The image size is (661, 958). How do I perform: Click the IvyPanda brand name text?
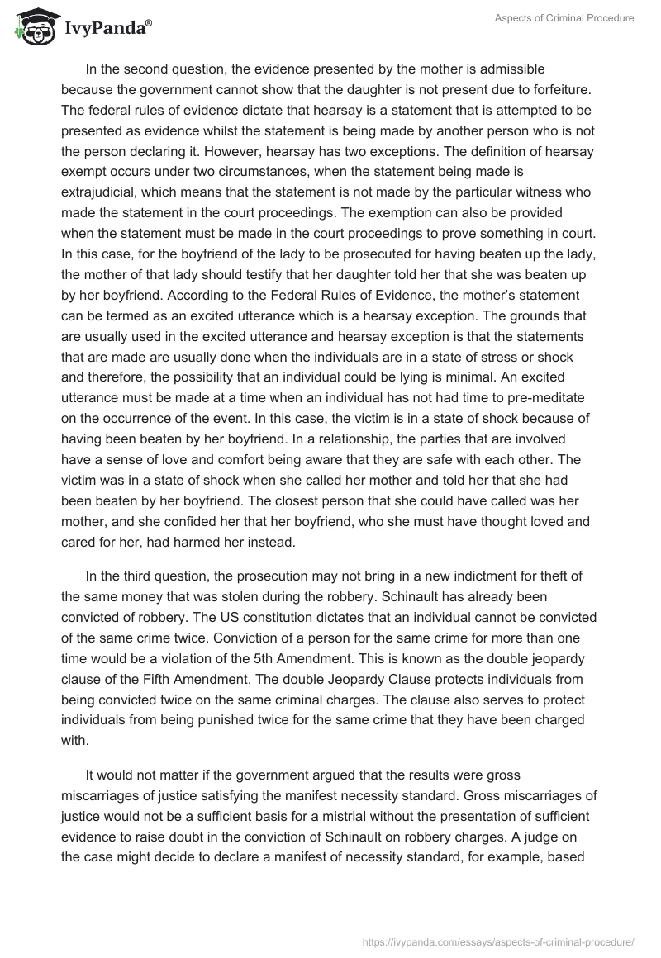coord(106,29)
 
